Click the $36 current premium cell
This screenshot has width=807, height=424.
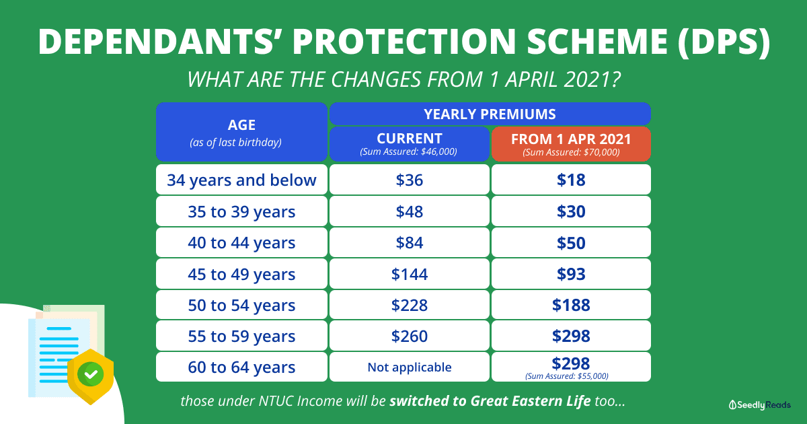410,180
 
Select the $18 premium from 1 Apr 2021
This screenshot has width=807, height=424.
571,180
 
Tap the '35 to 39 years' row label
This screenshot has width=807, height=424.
241,211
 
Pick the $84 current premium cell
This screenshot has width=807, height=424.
410,243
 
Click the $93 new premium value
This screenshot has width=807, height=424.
571,274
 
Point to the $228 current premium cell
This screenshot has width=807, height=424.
410,305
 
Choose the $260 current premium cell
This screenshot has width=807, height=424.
410,336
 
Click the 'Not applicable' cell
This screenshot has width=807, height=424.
410,367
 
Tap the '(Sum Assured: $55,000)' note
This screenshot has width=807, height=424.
567,376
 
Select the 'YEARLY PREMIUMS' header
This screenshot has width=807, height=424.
490,114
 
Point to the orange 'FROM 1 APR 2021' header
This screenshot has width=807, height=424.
571,143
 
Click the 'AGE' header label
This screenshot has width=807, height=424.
241,125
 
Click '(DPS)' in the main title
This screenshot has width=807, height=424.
724,42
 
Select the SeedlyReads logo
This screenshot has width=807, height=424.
760,405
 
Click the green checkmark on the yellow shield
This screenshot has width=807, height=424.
91,375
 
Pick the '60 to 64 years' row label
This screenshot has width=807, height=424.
241,367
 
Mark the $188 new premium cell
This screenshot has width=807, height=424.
571,305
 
